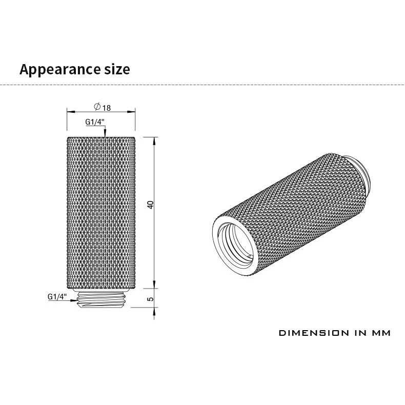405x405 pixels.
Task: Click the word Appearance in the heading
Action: pos(60,70)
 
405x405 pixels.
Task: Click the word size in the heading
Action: pos(117,69)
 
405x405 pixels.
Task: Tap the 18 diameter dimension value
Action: pos(107,108)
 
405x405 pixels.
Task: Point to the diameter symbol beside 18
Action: pos(97,107)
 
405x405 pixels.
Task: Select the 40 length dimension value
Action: pos(150,205)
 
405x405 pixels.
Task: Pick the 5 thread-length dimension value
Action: pos(150,299)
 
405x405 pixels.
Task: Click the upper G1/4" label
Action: pos(95,122)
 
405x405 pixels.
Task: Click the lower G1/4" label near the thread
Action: pos(57,297)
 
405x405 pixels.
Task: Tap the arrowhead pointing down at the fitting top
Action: pos(105,133)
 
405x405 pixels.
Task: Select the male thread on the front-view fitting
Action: pos(102,299)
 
